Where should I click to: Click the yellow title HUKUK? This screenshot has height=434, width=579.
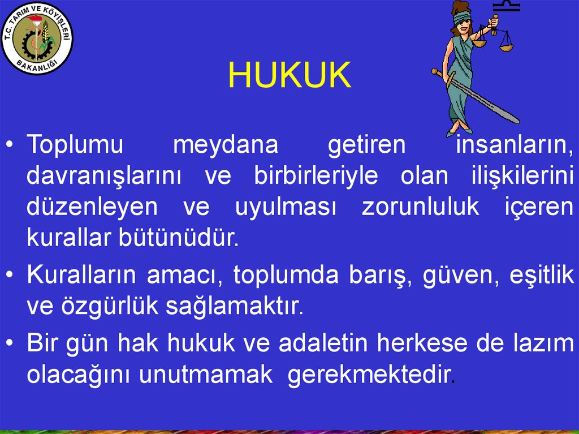click(289, 76)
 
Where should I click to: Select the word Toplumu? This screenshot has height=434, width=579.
click(75, 145)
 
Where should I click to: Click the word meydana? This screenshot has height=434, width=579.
click(226, 145)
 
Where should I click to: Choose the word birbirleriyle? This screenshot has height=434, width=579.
click(316, 176)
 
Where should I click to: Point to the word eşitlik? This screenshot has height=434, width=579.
click(541, 276)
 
